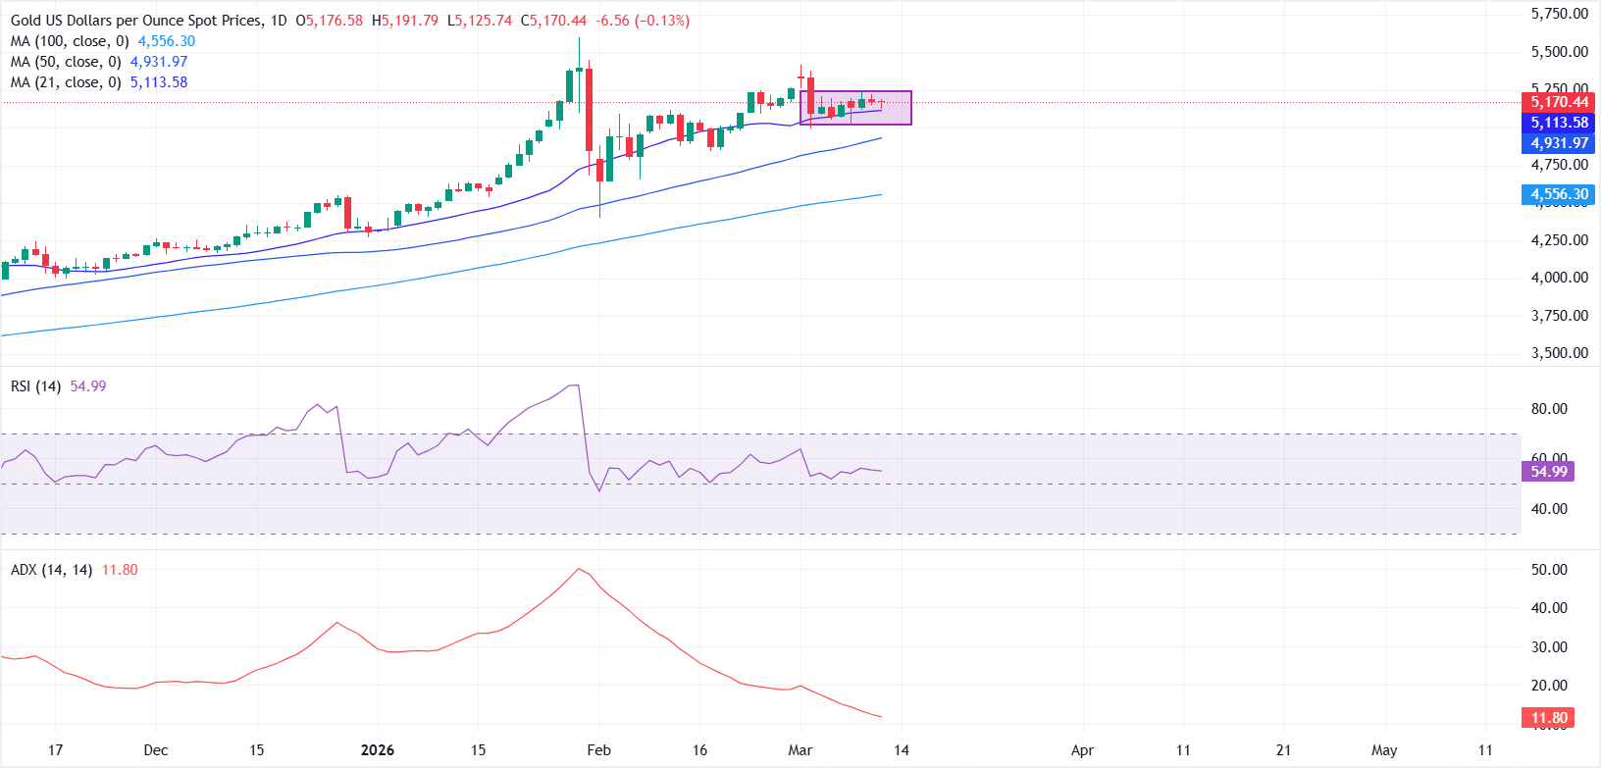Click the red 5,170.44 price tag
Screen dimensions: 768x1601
coord(1559,102)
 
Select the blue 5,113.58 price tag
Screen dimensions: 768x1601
coord(1559,123)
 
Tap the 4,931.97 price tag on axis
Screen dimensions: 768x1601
coord(1559,143)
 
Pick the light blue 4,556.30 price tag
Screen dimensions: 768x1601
coord(1559,194)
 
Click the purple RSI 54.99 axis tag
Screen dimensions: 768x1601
coord(1549,472)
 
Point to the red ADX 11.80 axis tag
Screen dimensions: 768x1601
coord(1549,718)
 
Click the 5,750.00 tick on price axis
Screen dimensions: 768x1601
coord(1559,14)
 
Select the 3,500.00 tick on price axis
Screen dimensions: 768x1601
coord(1559,353)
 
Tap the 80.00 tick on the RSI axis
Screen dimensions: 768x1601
coord(1549,409)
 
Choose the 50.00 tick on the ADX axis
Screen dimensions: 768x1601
coord(1549,570)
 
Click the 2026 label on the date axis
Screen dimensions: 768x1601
coord(377,750)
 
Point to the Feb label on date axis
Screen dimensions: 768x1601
coord(598,750)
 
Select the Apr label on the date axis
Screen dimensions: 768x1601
coord(1082,750)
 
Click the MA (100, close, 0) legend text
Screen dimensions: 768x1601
coord(70,41)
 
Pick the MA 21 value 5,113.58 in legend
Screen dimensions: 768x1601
coord(159,82)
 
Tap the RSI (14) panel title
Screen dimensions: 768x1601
coord(35,386)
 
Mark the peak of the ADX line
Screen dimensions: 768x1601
coord(579,569)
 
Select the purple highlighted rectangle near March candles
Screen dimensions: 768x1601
coord(855,108)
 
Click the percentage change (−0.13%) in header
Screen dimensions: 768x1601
coord(662,21)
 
